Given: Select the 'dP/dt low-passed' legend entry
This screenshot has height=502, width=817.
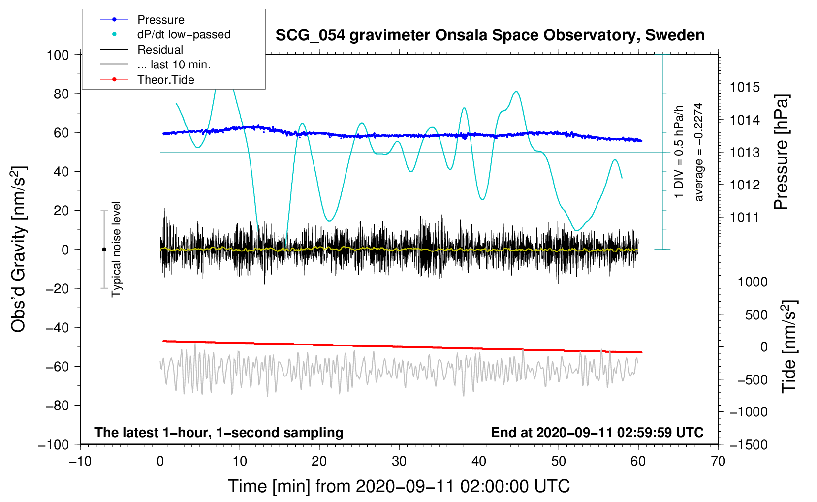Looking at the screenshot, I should coord(184,34).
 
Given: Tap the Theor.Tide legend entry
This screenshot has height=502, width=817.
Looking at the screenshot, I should coord(165,80).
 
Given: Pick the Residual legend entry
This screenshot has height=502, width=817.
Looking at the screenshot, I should coord(160,50).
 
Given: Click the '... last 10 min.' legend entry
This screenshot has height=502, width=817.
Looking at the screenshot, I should coord(174,64).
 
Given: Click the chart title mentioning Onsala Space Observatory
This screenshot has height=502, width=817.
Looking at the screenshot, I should coord(490,35).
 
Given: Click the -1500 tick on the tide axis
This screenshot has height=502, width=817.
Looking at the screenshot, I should coord(748,445).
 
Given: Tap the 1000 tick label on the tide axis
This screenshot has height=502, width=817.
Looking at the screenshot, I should coord(753,282).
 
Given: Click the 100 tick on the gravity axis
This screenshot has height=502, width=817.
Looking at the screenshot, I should coord(58,55).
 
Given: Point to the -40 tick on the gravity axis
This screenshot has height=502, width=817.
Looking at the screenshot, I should coord(58,328).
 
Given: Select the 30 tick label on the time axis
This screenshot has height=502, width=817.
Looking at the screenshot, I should coord(399,462).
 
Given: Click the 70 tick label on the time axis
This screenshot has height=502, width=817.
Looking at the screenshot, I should coord(718,462).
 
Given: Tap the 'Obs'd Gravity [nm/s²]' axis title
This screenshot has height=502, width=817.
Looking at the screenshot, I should coord(18,249).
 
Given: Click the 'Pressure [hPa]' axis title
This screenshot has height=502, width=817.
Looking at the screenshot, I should coord(781,152).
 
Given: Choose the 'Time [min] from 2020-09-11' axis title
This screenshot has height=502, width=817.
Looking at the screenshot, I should coord(399,486).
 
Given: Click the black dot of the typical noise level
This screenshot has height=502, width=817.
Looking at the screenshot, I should coord(104,250).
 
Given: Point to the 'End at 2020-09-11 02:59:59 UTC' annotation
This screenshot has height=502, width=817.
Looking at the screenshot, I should coord(597,433).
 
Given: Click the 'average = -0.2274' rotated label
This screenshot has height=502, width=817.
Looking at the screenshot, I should coord(698,152).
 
